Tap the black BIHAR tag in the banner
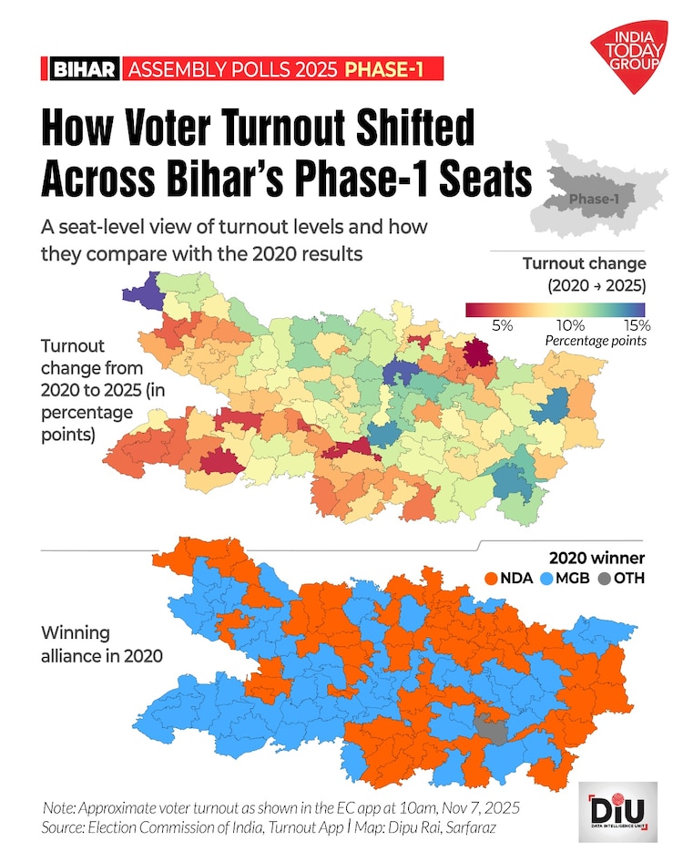[x=85, y=69]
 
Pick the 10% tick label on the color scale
[x=569, y=324]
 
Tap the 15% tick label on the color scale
[x=637, y=324]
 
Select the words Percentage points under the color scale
[x=595, y=341]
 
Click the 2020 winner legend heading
[x=597, y=558]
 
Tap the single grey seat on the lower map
[x=492, y=727]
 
